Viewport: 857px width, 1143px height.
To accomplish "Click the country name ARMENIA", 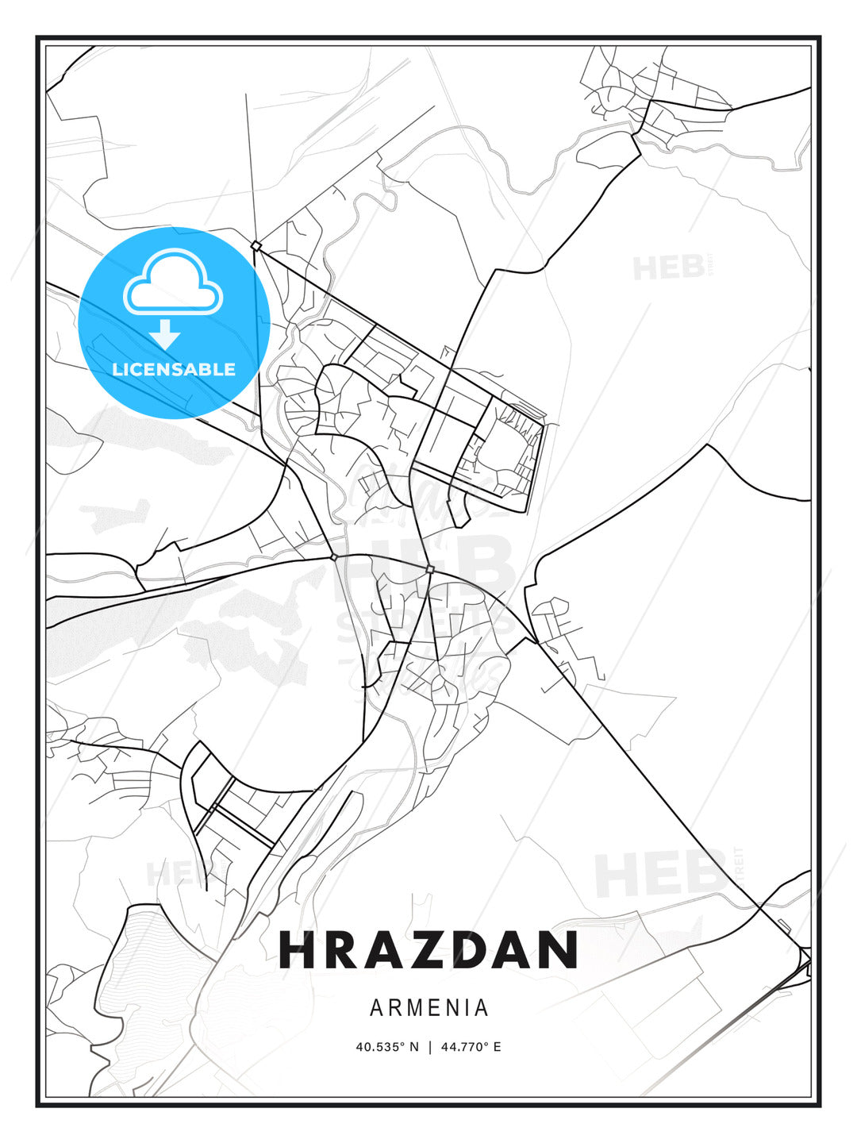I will (428, 1008).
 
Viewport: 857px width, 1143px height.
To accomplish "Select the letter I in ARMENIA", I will (466, 1008).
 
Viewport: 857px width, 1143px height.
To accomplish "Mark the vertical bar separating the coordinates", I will (429, 1047).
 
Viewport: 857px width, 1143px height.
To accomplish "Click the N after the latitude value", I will (413, 1047).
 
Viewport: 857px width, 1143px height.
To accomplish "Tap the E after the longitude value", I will (498, 1047).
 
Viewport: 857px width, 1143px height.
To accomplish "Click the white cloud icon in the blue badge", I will (173, 281).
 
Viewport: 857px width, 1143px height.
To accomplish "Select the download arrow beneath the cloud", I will (165, 333).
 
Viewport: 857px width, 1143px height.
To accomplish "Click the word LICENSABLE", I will (174, 369).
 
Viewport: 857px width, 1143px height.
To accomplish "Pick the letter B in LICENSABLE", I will (209, 369).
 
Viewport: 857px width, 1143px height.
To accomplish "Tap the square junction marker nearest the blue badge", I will (256, 246).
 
